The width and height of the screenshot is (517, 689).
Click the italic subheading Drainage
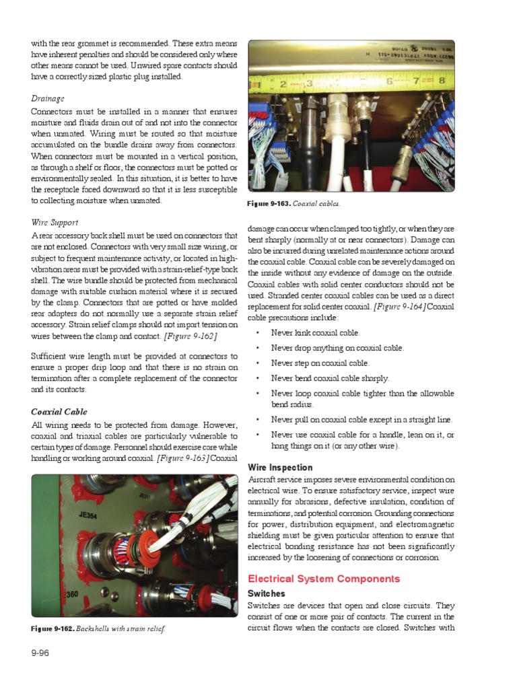point(48,98)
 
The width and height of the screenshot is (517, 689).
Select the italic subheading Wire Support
point(55,221)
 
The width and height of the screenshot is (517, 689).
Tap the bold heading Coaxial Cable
point(59,411)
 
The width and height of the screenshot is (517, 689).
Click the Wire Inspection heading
point(280,467)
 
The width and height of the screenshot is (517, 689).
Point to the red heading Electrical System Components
point(324,579)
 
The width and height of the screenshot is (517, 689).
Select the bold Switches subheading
point(267,593)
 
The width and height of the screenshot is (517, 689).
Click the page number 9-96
point(41,653)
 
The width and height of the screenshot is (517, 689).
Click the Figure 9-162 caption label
point(53,628)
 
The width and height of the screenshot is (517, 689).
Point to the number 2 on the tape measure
point(283,84)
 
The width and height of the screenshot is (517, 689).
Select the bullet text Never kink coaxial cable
point(316,332)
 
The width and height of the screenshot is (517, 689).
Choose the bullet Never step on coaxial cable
point(320,363)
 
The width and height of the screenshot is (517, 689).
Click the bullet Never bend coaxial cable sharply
point(330,378)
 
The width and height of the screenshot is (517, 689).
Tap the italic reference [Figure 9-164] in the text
point(400,307)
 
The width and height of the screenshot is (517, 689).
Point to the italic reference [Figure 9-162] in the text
point(191,335)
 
